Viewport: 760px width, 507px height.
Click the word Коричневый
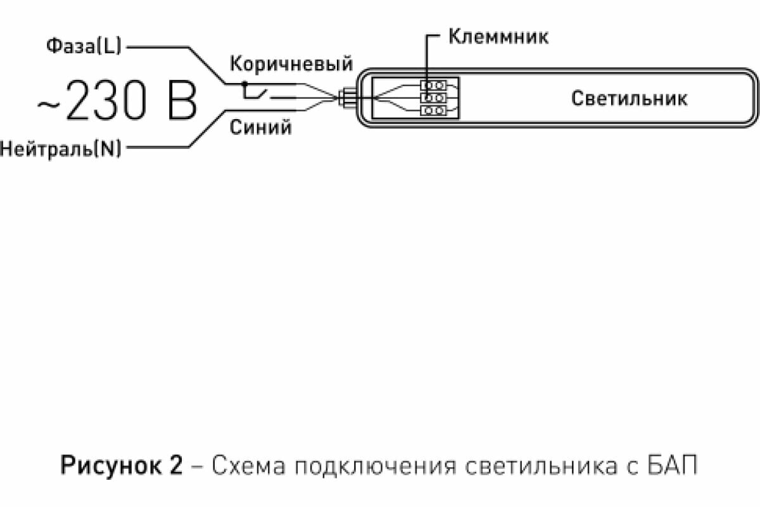291,64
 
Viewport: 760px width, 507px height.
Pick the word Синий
260,127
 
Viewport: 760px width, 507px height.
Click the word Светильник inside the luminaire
629,98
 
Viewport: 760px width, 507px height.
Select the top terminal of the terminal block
434,84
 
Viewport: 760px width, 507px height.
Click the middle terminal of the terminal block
434,98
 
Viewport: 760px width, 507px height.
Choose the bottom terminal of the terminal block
434,112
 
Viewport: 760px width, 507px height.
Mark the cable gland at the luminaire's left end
348,98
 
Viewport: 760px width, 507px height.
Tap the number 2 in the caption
175,466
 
